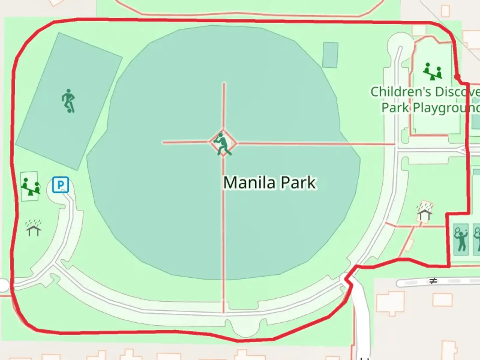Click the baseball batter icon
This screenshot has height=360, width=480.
[223, 144]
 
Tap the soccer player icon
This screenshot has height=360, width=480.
[68, 100]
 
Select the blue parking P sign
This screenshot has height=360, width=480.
[61, 185]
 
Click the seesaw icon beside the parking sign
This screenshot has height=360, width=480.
[30, 186]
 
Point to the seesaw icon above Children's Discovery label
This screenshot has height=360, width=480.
[433, 71]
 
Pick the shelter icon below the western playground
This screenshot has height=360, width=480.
[33, 228]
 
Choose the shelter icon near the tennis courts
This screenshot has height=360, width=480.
[424, 212]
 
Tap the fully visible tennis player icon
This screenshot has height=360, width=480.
[461, 239]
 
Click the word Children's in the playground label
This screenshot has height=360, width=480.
[396, 92]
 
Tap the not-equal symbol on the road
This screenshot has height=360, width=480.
[433, 281]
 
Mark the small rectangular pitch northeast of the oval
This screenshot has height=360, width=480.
[330, 55]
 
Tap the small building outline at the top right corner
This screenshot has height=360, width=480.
[445, 11]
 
